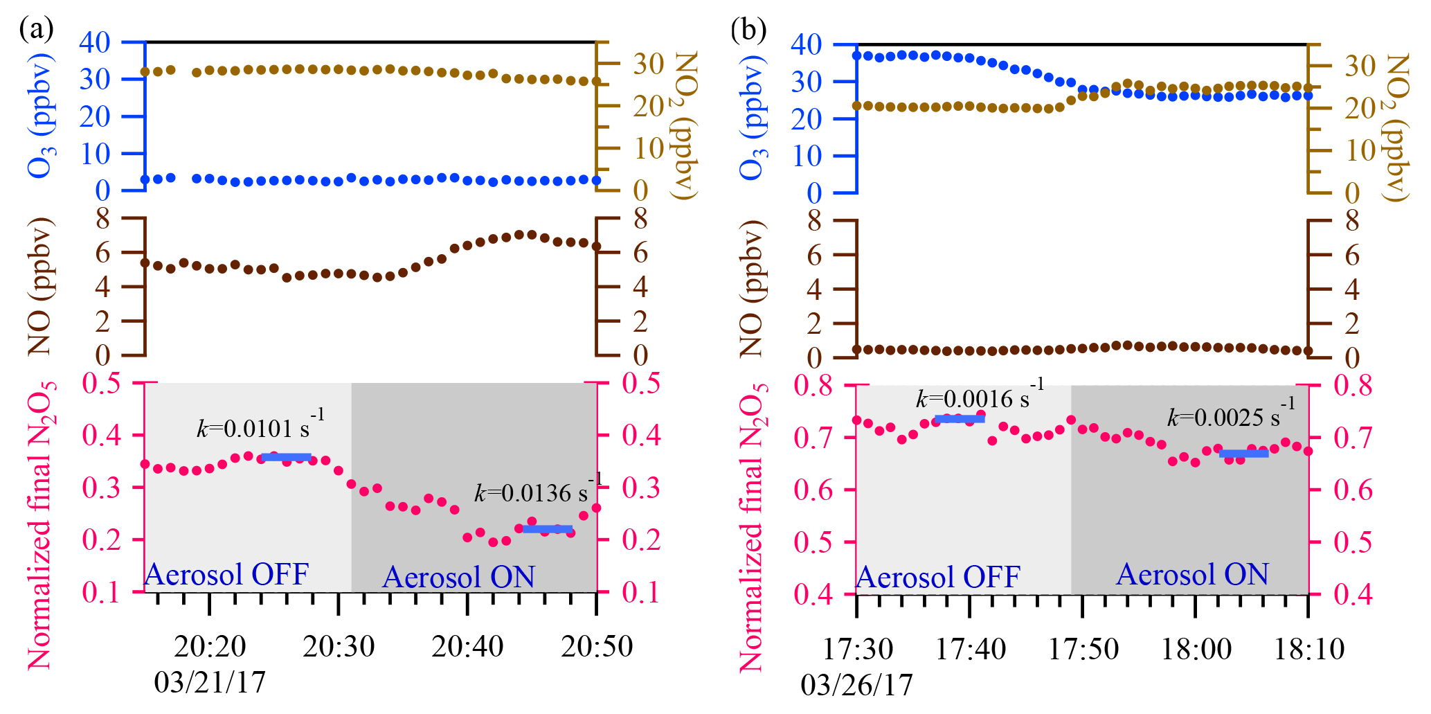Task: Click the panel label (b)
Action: [x=748, y=30]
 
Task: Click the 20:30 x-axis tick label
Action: [x=339, y=647]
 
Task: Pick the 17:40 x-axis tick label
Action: [x=971, y=650]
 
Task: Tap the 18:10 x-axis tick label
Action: [x=1309, y=650]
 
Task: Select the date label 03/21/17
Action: [x=210, y=683]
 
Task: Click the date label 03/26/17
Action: [x=856, y=686]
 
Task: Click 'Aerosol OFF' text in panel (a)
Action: [x=226, y=575]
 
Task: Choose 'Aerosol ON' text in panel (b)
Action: [x=1192, y=575]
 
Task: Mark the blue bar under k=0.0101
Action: [x=287, y=457]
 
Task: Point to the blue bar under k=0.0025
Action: [x=1244, y=454]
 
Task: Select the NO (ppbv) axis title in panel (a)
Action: [x=40, y=286]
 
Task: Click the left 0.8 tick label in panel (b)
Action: [x=813, y=386]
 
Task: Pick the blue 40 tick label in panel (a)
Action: [x=95, y=43]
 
